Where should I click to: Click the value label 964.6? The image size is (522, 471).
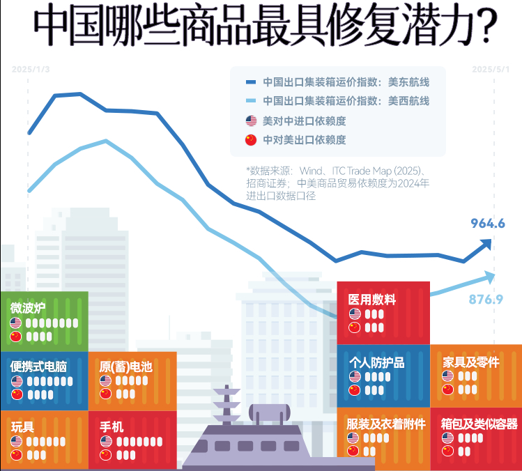(487, 224)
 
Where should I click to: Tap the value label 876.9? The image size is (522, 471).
(486, 300)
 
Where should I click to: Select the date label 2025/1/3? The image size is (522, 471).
(30, 69)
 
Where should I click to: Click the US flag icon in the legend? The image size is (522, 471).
(251, 121)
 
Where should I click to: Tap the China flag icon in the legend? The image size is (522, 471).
(251, 140)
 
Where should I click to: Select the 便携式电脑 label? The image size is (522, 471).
(38, 366)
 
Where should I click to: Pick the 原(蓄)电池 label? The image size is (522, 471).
(125, 366)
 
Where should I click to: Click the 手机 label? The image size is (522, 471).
(112, 426)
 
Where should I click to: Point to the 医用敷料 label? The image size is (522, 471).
(371, 300)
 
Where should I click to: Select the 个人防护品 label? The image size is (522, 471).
(376, 362)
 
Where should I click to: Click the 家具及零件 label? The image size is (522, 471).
(471, 362)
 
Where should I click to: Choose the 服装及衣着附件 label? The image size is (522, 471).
(385, 423)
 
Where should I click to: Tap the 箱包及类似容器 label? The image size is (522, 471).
(479, 423)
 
